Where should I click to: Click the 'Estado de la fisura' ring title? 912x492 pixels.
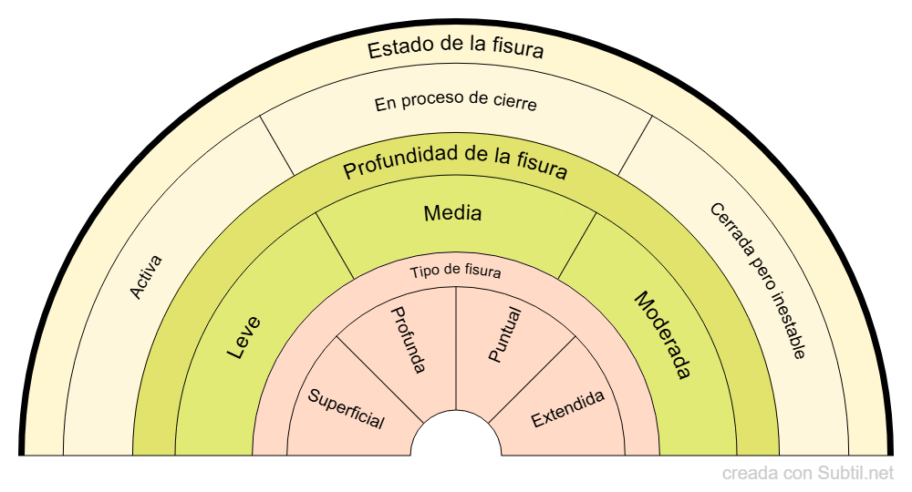(x=456, y=48)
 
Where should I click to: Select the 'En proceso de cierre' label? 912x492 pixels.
(x=456, y=103)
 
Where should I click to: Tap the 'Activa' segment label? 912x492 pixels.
(x=146, y=277)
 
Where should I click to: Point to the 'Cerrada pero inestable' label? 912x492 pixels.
(x=758, y=281)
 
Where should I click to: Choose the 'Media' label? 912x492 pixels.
(x=453, y=214)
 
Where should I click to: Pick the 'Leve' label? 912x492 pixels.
(x=244, y=336)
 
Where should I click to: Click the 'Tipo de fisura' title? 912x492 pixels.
(x=455, y=272)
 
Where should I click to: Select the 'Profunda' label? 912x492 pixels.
(x=408, y=339)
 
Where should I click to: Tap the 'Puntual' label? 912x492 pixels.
(x=504, y=336)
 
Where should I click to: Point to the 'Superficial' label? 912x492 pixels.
(x=346, y=409)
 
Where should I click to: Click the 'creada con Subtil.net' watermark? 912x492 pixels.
(x=808, y=474)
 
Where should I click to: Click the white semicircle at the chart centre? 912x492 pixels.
(x=456, y=437)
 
